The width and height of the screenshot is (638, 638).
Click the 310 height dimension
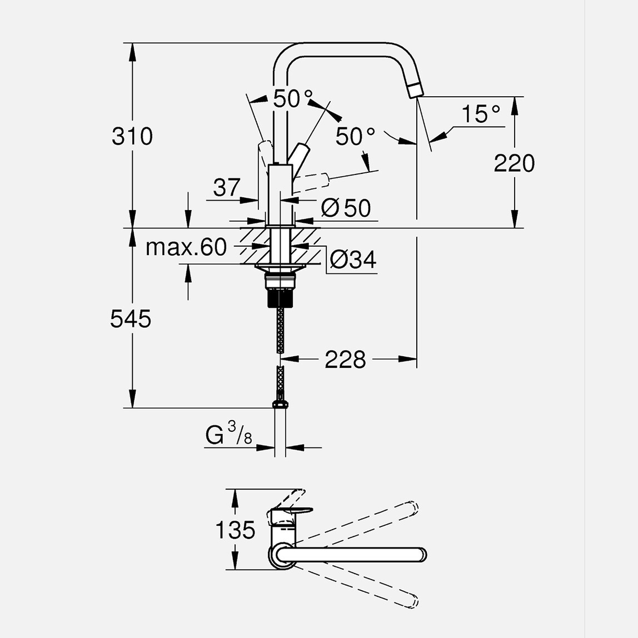tap(132, 136)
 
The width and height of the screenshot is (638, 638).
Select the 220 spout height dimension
tap(514, 163)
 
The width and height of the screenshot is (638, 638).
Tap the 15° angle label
tap(481, 114)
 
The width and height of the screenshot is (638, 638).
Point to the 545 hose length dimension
tap(131, 319)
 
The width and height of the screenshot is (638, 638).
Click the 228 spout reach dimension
tap(345, 360)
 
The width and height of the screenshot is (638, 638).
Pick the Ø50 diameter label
tap(346, 208)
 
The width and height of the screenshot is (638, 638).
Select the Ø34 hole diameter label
tap(352, 260)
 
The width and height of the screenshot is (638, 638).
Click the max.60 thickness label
tap(186, 247)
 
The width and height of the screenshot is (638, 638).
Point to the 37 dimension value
tap(227, 188)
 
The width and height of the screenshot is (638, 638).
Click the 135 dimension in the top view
tap(235, 530)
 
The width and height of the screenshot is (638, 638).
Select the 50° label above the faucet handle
tap(292, 99)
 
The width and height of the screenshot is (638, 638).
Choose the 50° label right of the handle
tap(356, 136)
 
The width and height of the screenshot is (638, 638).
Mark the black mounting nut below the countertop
tap(281, 299)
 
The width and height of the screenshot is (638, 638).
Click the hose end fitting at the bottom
tap(281, 405)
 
